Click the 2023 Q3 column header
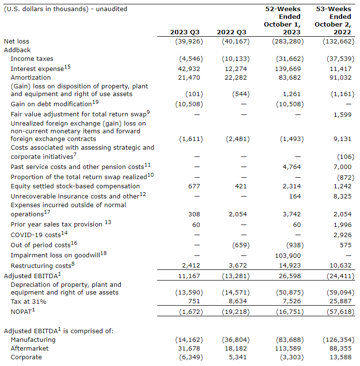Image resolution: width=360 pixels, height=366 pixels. coord(185,32)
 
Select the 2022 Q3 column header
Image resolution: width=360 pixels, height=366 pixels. coord(231,32)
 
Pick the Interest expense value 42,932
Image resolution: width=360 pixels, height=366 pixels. coord(190,69)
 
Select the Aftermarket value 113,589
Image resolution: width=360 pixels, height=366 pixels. coord(289,349)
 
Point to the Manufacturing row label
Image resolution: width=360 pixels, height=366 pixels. coord(33,340)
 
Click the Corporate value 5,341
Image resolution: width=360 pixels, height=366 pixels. coord(239,357)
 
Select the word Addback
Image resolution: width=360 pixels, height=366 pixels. coord(17,50)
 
